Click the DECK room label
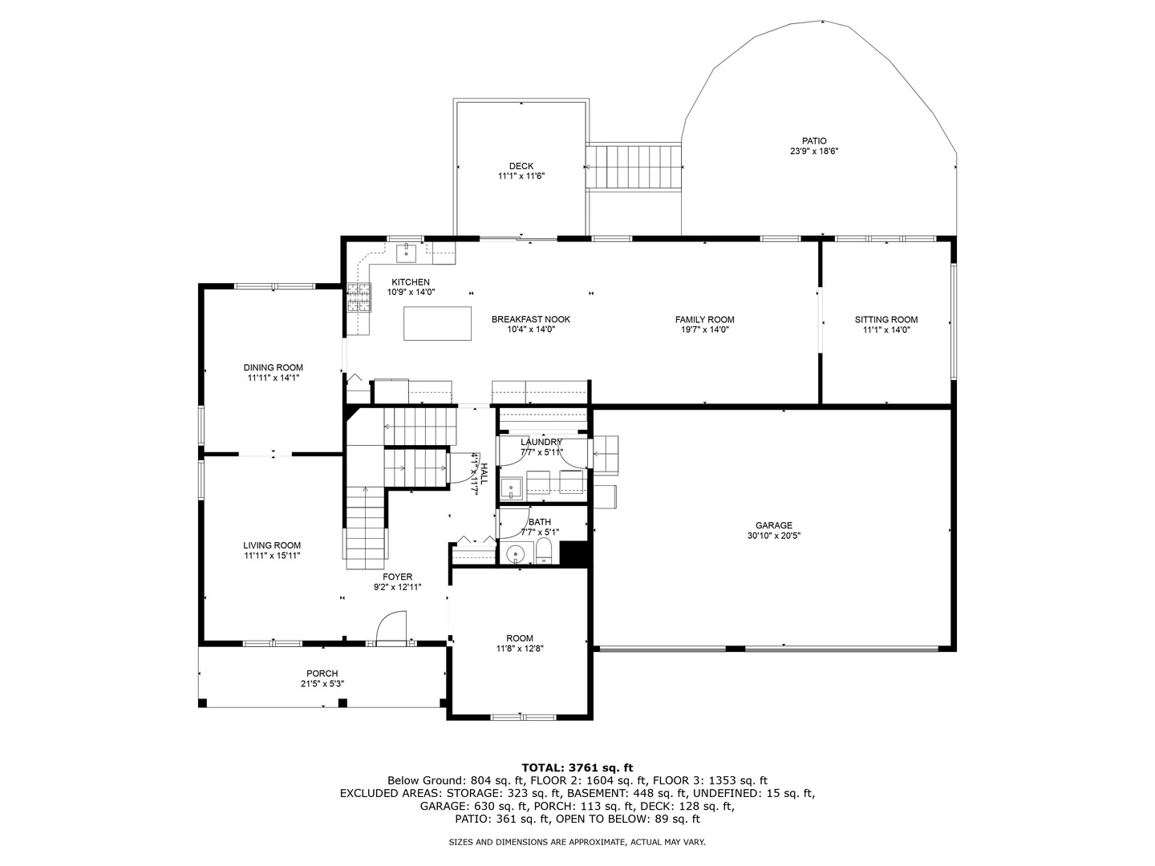pos(521,167)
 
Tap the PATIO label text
pos(814,141)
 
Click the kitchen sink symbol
pos(407,252)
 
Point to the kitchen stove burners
pos(359,297)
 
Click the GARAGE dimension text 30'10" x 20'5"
pos(773,536)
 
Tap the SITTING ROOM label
pos(885,320)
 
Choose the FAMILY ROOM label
pos(704,320)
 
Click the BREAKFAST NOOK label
pos(530,320)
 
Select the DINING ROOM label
pos(274,368)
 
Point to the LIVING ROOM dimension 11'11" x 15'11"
pos(272,555)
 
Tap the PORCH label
pos(322,674)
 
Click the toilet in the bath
pos(544,552)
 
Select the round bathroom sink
pos(516,553)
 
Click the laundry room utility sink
pos(511,488)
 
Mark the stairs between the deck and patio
pos(634,167)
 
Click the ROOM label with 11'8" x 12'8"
pos(520,639)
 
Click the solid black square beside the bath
pos(573,554)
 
